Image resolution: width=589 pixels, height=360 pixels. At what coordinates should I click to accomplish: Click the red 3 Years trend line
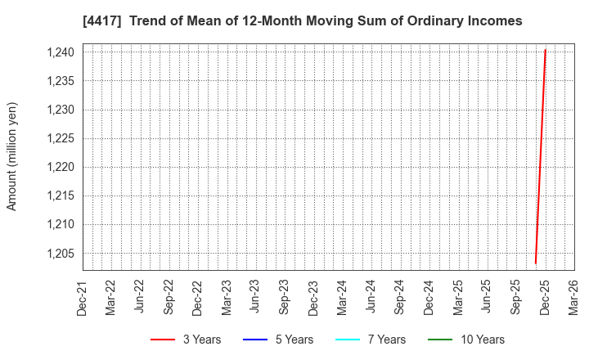541,155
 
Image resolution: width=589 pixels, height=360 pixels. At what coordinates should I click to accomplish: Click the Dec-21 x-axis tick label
83,299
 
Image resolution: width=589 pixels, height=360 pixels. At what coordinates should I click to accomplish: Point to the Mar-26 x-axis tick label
573,299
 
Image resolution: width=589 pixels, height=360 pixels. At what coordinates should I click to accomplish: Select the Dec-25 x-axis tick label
545,299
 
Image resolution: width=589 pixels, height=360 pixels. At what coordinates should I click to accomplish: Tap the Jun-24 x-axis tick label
371,299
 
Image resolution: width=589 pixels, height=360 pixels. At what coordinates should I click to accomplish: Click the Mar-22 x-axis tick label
111,299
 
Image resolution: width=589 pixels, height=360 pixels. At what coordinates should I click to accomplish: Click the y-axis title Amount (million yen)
12,156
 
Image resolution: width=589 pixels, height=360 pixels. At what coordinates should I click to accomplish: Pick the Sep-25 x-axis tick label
516,299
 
